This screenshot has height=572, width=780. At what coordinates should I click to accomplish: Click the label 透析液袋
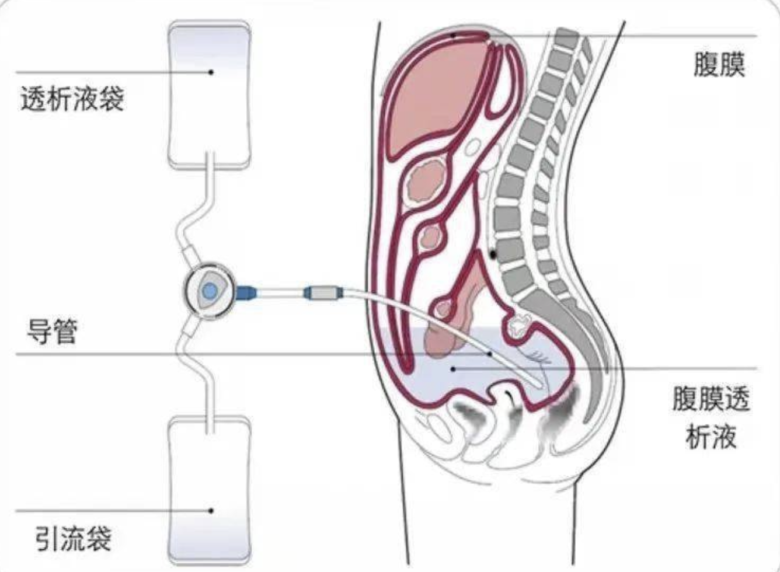tap(72, 99)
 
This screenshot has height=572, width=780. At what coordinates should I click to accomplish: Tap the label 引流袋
tap(74, 539)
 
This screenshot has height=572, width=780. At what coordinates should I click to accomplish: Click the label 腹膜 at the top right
tap(719, 64)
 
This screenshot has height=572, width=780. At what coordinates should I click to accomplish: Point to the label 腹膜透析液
tap(711, 417)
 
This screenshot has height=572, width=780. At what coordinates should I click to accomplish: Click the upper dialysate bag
tap(209, 95)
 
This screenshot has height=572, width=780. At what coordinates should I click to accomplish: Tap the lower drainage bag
tap(209, 491)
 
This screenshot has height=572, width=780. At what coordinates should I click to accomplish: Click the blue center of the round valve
tap(210, 290)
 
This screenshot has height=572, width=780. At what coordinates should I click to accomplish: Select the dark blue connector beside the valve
tap(246, 292)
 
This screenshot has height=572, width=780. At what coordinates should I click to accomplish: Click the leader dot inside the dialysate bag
tap(211, 72)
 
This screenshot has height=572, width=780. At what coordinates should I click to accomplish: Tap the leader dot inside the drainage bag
tap(211, 511)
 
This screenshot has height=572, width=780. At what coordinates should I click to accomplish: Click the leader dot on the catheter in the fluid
tap(490, 354)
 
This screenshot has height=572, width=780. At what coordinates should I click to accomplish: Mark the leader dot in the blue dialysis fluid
tap(453, 369)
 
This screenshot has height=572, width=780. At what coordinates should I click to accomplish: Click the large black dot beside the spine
tap(493, 254)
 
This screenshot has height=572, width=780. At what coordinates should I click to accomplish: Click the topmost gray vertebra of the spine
tap(566, 37)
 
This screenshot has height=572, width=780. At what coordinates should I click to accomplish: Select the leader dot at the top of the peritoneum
tap(453, 35)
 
